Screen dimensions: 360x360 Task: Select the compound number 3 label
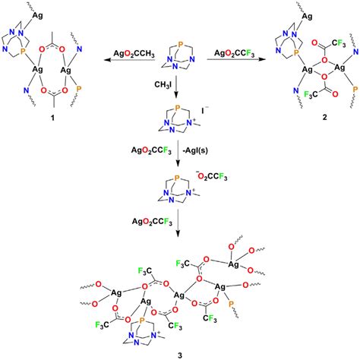pos(178,352)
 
